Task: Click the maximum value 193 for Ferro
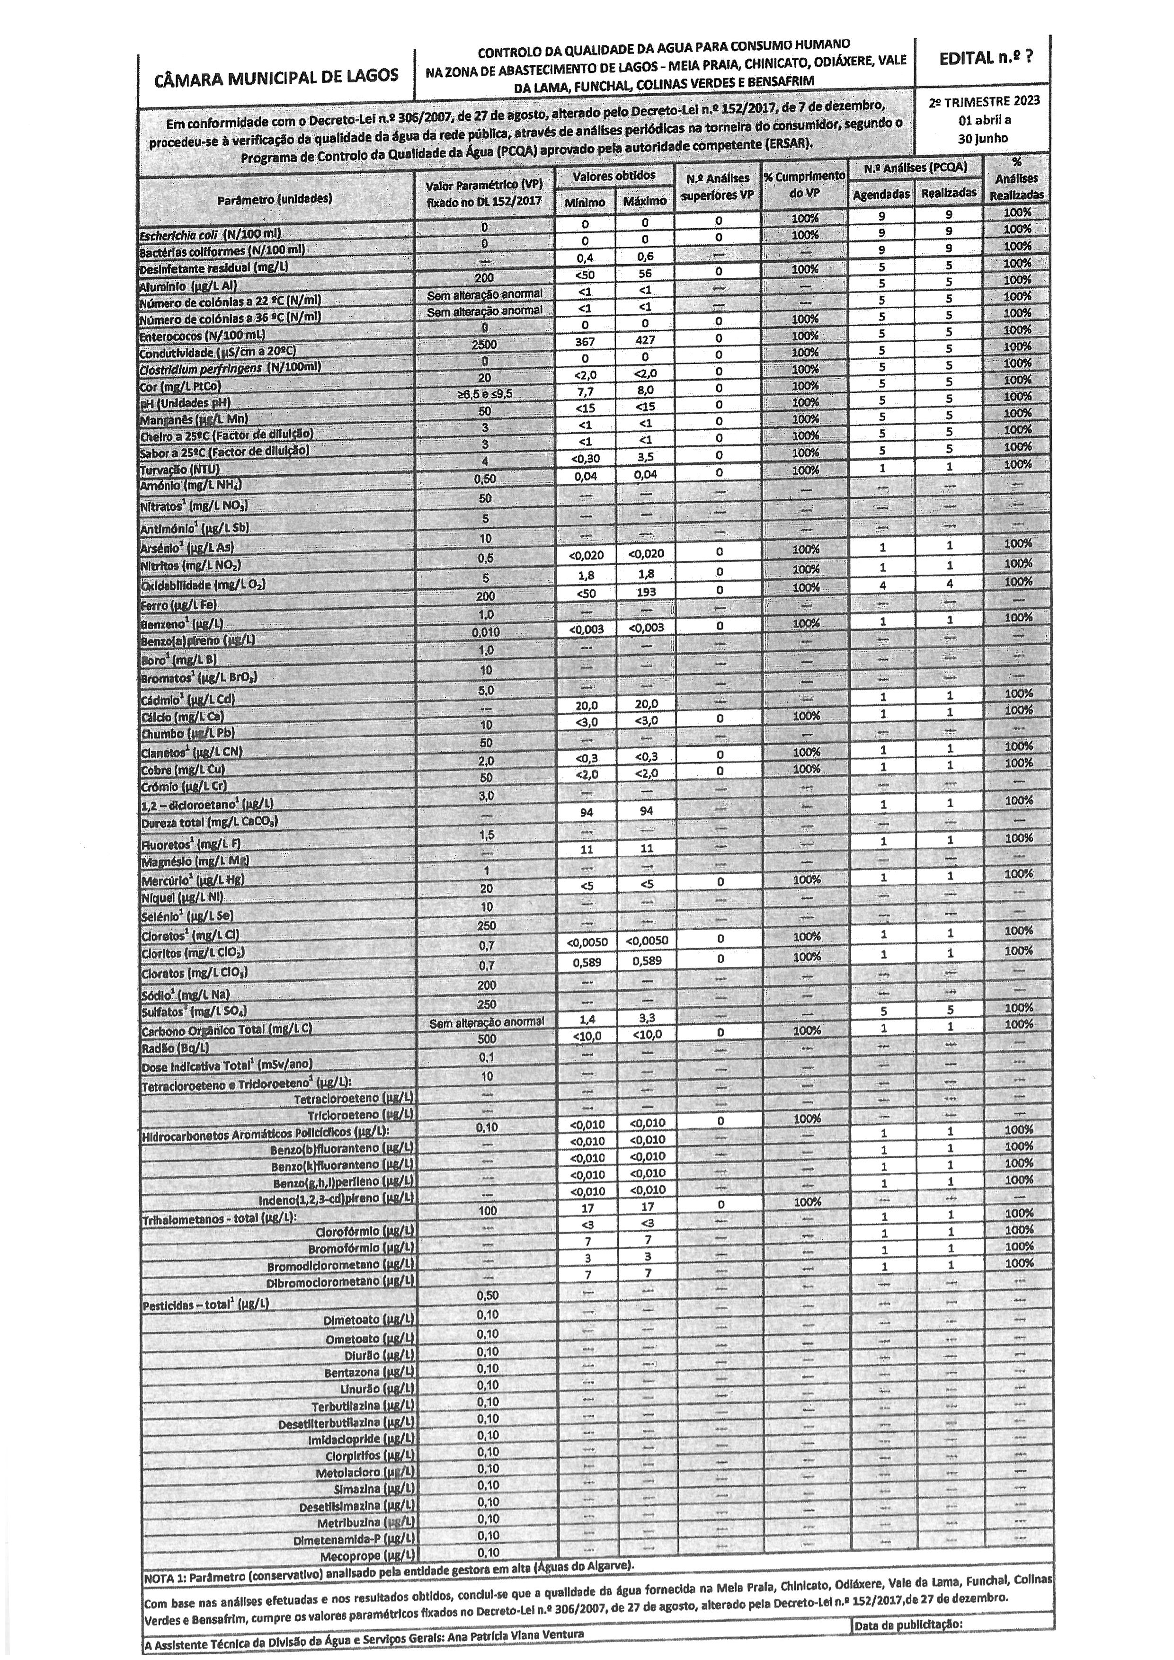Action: (646, 591)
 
